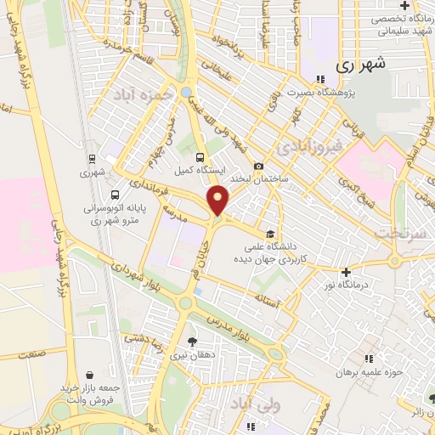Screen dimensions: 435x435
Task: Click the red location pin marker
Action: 219,201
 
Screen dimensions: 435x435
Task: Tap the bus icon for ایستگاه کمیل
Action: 200,157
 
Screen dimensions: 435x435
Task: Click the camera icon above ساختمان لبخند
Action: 258,166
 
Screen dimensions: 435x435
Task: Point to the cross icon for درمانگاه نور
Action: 345,272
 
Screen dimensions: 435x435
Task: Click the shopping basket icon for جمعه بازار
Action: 90,375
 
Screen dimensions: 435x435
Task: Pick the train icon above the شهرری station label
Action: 92,157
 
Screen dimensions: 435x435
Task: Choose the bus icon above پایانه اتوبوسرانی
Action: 116,194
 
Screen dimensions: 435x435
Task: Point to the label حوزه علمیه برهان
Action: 368,372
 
